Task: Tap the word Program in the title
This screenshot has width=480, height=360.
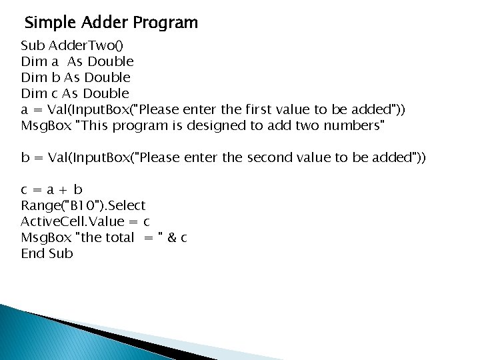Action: click(x=165, y=23)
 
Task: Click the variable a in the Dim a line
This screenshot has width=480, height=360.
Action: click(x=54, y=61)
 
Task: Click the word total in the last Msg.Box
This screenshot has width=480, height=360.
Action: click(x=117, y=237)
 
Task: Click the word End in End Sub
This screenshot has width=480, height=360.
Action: click(x=33, y=253)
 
